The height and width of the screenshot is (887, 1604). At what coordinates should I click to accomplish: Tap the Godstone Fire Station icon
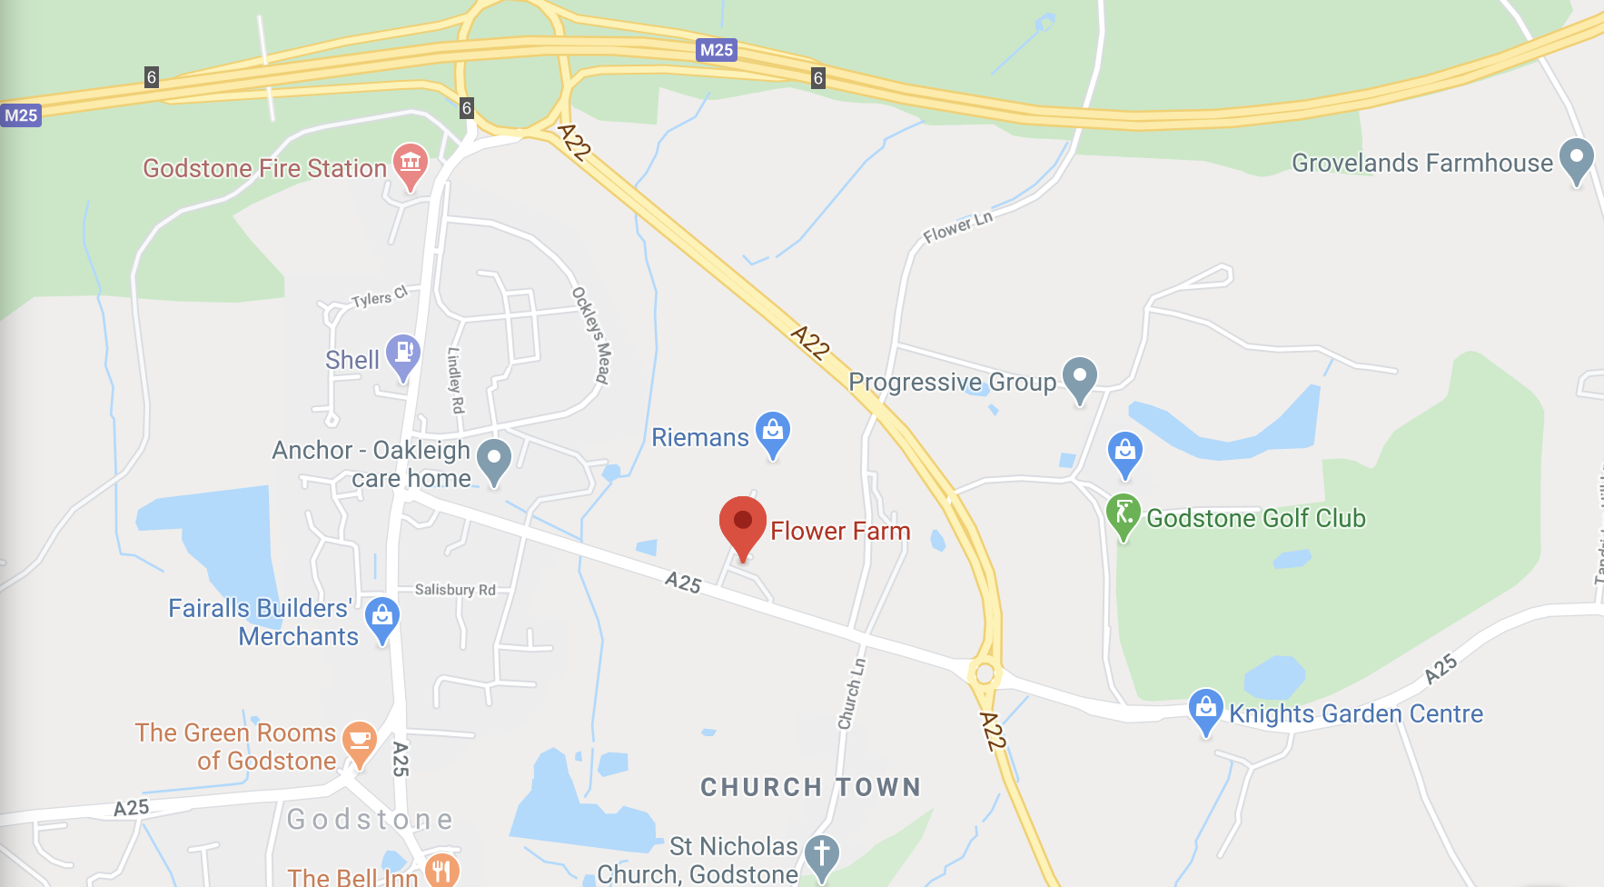pyautogui.click(x=410, y=164)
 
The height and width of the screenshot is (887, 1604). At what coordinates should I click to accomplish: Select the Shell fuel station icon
pyautogui.click(x=402, y=353)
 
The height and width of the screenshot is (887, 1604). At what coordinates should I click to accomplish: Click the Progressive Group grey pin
pyautogui.click(x=1079, y=375)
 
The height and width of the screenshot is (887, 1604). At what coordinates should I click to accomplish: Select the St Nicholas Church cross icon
pyautogui.click(x=821, y=854)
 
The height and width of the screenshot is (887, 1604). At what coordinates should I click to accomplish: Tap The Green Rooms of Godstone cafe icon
pyautogui.click(x=360, y=739)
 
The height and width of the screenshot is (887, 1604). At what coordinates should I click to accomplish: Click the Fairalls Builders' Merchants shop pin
pyautogui.click(x=382, y=617)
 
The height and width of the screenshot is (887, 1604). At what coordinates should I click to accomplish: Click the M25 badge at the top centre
pyautogui.click(x=716, y=50)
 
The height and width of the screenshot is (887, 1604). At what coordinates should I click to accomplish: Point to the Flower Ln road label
pyautogui.click(x=957, y=226)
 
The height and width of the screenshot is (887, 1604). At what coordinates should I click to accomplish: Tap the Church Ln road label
pyautogui.click(x=851, y=693)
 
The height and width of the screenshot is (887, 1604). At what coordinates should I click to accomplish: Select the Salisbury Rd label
pyautogui.click(x=455, y=590)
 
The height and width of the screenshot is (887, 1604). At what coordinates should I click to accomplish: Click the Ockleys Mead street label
pyautogui.click(x=590, y=335)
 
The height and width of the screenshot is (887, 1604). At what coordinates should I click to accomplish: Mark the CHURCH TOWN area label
pyautogui.click(x=810, y=787)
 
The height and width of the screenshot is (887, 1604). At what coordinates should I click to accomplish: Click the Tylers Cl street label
pyautogui.click(x=379, y=297)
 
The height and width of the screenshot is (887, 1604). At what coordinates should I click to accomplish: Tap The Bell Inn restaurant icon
pyautogui.click(x=441, y=871)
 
